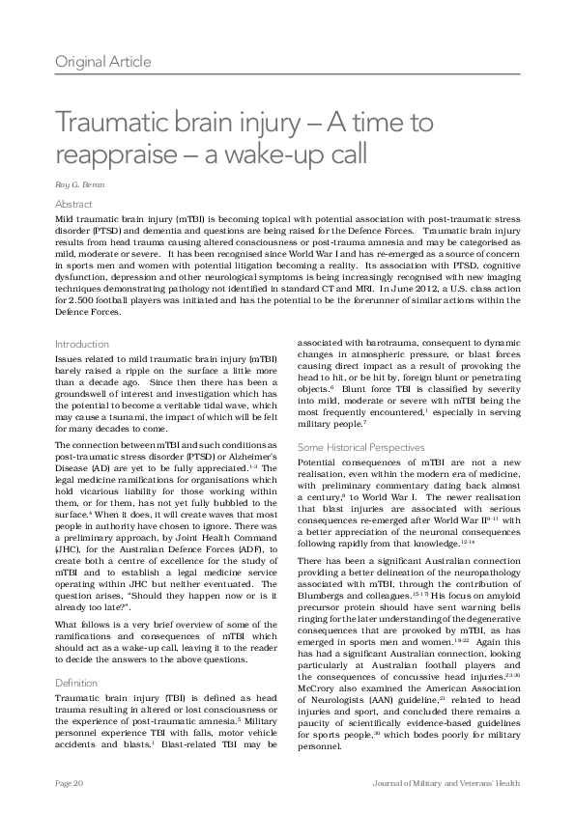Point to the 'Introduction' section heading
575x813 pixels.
click(x=82, y=344)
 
